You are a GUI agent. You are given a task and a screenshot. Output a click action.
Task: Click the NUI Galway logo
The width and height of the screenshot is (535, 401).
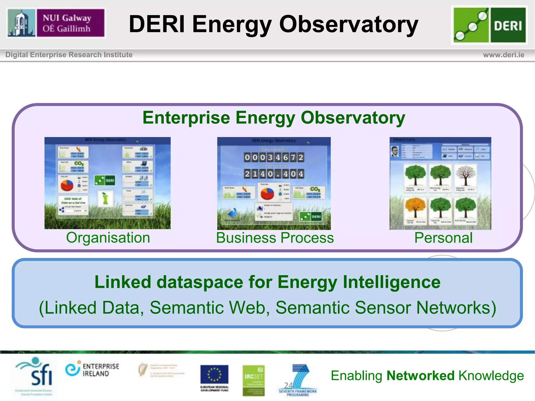coord(56,23)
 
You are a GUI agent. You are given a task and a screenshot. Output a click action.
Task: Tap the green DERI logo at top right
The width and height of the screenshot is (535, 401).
coord(489,25)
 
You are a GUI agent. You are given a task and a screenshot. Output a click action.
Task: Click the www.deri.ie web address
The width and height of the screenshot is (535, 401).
coord(503,55)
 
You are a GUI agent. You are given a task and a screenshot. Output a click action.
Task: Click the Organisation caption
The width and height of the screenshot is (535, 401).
coord(108,238)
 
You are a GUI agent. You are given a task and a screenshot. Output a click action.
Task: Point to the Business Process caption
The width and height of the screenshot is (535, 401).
coord(275,238)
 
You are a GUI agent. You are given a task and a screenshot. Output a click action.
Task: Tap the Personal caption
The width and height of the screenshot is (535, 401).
coord(443,238)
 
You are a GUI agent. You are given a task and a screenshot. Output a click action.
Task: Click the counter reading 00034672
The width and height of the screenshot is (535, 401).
coord(274,157)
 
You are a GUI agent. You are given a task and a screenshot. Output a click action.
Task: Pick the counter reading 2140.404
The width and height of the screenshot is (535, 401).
coord(274,174)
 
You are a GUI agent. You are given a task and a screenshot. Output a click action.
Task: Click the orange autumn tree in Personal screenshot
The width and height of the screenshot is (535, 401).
coord(415,208)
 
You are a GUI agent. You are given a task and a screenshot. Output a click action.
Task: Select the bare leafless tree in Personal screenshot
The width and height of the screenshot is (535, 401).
coord(466,175)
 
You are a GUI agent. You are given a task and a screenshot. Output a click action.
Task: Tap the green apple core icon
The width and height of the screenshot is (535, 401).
coord(105,199)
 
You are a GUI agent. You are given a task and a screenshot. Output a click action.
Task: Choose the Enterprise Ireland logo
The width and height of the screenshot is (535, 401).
coord(92,369)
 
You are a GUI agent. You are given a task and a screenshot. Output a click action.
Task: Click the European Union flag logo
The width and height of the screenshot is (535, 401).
coord(214,375)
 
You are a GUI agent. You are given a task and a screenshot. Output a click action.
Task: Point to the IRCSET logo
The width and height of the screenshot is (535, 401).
coord(253,380)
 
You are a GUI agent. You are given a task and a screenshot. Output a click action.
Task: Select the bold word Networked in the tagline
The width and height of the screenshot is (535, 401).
coord(420,376)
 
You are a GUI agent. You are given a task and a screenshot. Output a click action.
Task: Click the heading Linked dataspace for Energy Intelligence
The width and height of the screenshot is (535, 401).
coord(267,282)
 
